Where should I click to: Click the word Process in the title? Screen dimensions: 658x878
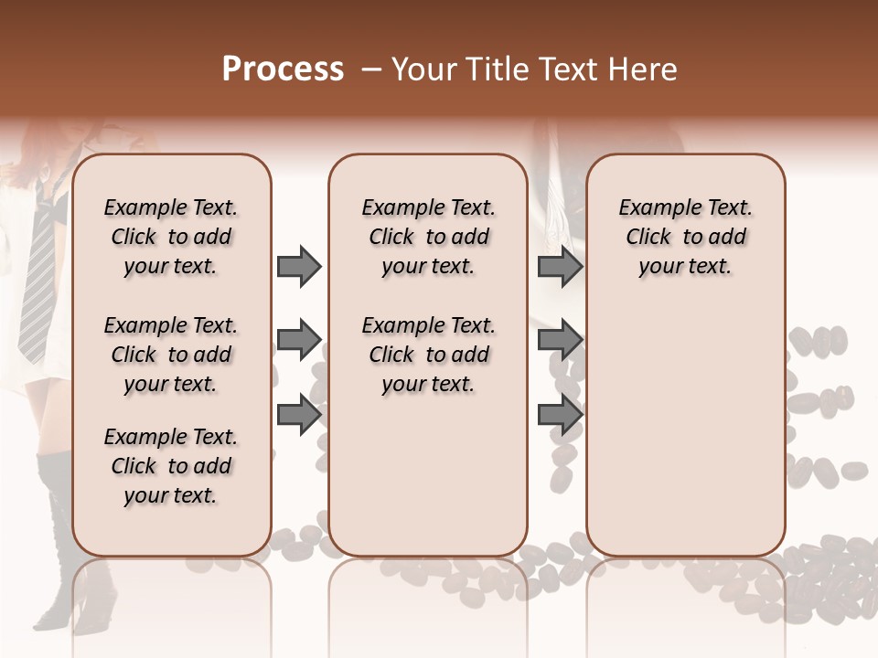pyautogui.click(x=283, y=69)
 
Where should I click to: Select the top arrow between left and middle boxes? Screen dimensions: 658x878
pyautogui.click(x=299, y=267)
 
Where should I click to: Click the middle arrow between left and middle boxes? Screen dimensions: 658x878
pyautogui.click(x=299, y=341)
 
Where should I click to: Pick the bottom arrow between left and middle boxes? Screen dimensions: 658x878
pyautogui.click(x=299, y=414)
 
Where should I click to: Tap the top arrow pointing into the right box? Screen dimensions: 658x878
pyautogui.click(x=560, y=267)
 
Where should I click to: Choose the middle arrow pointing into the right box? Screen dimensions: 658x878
pyautogui.click(x=560, y=341)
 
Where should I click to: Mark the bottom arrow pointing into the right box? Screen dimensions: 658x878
pyautogui.click(x=560, y=414)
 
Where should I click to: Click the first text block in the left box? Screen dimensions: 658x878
pyautogui.click(x=171, y=237)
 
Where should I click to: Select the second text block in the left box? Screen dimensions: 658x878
pyautogui.click(x=171, y=355)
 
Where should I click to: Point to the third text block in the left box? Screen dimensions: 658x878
pyautogui.click(x=171, y=466)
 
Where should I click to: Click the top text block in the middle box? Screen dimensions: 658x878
pyautogui.click(x=428, y=237)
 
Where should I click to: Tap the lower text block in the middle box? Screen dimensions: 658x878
pyautogui.click(x=428, y=355)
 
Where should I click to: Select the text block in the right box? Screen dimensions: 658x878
pyautogui.click(x=685, y=237)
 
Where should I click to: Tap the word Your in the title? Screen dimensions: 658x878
pyautogui.click(x=422, y=69)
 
